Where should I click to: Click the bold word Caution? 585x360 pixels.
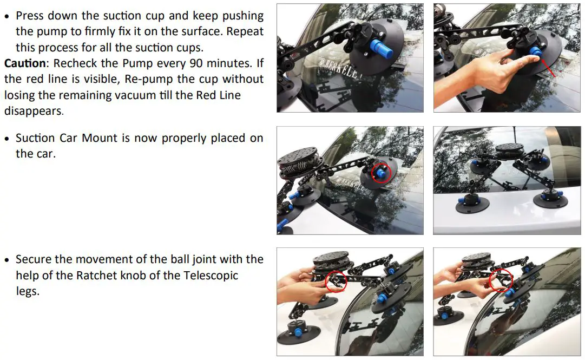(x=25, y=63)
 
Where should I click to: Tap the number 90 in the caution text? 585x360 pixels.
(x=179, y=63)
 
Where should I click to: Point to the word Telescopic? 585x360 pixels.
(x=208, y=275)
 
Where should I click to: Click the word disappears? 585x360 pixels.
(x=34, y=110)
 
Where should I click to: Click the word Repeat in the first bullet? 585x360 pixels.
(x=245, y=31)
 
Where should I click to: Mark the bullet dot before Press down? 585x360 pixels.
(x=8, y=16)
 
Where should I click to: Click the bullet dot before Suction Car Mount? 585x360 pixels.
(x=8, y=138)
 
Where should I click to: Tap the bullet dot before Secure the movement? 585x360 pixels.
(x=8, y=259)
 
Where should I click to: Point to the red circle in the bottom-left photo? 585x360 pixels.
(x=337, y=281)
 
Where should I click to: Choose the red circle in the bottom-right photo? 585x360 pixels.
(x=500, y=279)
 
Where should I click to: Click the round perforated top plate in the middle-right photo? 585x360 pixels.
(x=510, y=147)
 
